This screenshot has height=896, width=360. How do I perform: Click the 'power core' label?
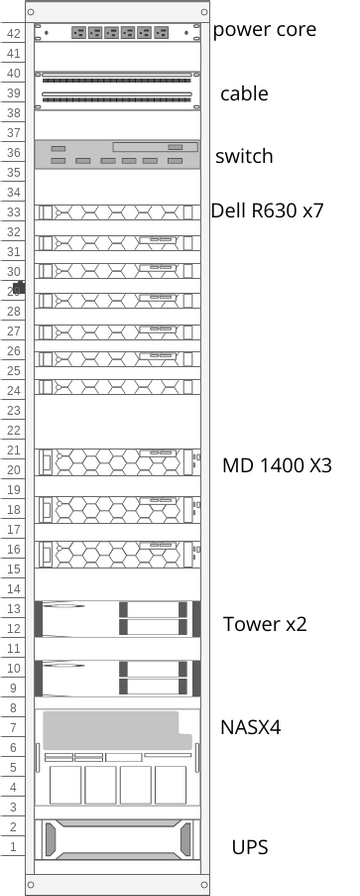coord(264,30)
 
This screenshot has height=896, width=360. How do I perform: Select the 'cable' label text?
coord(244,94)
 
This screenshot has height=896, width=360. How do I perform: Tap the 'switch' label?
coord(244,157)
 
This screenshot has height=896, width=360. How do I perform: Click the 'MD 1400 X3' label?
coord(263,465)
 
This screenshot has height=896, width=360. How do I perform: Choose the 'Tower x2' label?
coord(264,624)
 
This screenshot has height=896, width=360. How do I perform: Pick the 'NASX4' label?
coord(250,727)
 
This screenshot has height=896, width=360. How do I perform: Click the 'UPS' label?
coord(249,846)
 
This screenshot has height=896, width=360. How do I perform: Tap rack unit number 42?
coord(13,34)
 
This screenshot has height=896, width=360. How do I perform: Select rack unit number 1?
coord(13,847)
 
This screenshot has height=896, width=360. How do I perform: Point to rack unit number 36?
coord(13,153)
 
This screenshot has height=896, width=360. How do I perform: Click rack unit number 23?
coord(13,410)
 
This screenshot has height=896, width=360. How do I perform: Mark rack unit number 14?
coord(13,589)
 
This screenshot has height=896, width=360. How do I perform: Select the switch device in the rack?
coord(118,154)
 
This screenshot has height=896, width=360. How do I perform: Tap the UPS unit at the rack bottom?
coord(118,838)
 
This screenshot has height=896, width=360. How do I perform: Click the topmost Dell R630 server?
coord(118,213)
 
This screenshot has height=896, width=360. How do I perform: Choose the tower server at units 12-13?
coord(118,619)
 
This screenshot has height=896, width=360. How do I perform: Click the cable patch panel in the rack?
coord(118,88)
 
